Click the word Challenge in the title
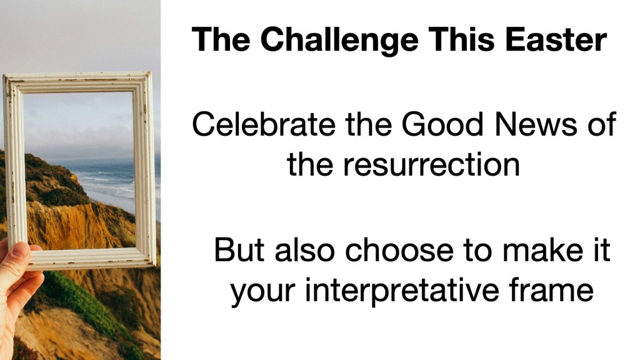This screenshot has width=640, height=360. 339,40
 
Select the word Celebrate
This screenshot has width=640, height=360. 264,124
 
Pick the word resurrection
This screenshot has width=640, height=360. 431,165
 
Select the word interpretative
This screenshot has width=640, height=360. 402,291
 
